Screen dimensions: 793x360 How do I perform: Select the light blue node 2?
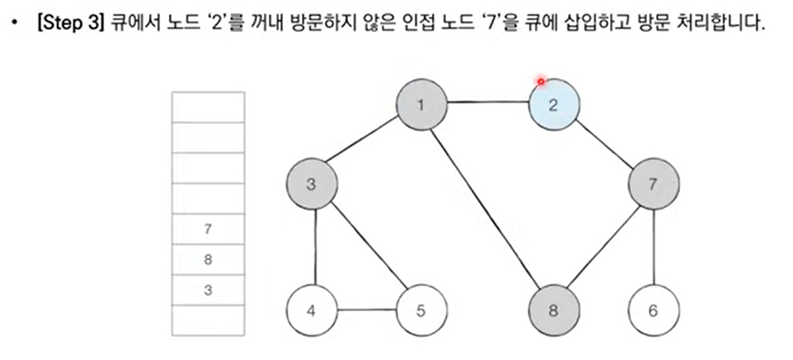tap(554, 105)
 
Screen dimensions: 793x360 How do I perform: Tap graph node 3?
tap(311, 184)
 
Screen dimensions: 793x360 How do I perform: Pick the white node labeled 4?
tap(311, 311)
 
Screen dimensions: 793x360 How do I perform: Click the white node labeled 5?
tap(420, 311)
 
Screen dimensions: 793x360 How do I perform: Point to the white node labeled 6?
tap(653, 311)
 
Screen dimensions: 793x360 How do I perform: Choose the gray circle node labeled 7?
tap(653, 184)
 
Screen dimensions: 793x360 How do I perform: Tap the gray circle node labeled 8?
tap(554, 311)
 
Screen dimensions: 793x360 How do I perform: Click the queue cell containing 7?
tap(207, 229)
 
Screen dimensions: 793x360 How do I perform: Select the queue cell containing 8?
tap(207, 259)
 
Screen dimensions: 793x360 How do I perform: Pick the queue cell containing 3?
tap(207, 290)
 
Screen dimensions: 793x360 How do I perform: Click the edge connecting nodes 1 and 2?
tap(488, 104)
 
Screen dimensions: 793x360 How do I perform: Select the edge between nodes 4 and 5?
tap(366, 311)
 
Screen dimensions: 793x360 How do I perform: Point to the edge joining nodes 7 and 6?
tap(653, 247)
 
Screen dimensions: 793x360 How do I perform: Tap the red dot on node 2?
tap(541, 82)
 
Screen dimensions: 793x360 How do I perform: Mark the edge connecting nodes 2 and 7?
tap(603, 144)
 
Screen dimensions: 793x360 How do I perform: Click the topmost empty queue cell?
tap(207, 107)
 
